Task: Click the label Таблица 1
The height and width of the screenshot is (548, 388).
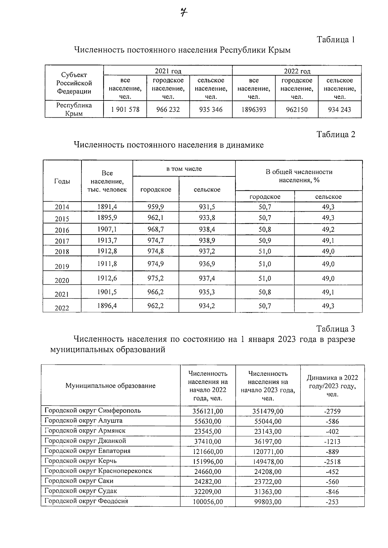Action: [336, 40]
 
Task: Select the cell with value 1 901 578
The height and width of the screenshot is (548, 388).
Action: [125, 110]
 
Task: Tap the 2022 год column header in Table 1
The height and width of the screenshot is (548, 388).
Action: [297, 71]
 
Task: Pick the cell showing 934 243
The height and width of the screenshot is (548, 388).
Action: [339, 110]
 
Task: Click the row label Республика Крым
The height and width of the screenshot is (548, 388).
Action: [74, 109]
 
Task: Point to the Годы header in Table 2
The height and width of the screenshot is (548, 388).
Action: [62, 181]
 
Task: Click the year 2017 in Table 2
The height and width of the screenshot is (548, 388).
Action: [62, 241]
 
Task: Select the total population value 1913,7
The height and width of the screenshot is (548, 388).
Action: [107, 240]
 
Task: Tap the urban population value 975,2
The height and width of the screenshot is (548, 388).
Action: [156, 278]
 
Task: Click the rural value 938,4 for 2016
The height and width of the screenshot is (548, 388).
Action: [207, 229]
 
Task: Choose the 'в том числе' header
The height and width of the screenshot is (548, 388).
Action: [184, 169]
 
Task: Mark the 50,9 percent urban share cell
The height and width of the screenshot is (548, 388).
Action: [265, 240]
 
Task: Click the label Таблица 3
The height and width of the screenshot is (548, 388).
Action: [336, 329]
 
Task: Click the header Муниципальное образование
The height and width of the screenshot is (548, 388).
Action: [111, 385]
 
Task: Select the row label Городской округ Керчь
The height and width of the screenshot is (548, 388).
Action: [81, 461]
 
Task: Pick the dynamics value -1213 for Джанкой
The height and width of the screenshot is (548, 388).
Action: [332, 441]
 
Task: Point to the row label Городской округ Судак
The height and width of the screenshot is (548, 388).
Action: [81, 491]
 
